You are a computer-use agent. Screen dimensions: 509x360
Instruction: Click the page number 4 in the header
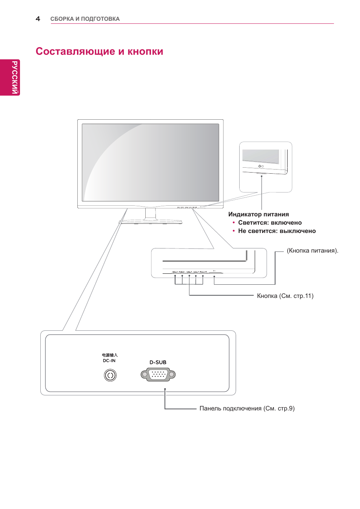point(38,19)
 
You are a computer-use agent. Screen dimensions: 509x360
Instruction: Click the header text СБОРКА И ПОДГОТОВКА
point(85,19)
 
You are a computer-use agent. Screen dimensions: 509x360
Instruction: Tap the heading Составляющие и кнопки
point(99,51)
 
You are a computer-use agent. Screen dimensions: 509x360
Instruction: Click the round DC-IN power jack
point(110,375)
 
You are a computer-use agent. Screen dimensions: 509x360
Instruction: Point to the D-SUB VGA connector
point(158,375)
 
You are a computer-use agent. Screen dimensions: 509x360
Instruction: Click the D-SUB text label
point(158,362)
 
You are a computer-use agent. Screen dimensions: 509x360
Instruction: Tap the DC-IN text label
point(109,361)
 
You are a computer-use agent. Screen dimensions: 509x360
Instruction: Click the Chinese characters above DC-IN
point(110,355)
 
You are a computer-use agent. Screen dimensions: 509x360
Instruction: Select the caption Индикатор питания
point(258,214)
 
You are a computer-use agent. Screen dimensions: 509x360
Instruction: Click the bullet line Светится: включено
point(270,223)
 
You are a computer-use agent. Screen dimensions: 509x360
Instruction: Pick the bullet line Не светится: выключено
point(277,231)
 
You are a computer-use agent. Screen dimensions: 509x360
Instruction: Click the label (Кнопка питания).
point(312,251)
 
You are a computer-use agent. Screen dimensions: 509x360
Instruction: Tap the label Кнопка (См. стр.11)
point(285,296)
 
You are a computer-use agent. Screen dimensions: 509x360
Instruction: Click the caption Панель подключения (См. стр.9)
point(247,409)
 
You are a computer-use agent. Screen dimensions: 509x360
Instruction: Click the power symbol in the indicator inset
point(260,166)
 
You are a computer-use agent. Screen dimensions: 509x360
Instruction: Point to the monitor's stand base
point(151,222)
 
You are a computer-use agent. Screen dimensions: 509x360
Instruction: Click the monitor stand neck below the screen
point(150,213)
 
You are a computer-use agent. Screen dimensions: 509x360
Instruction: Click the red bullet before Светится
point(234,223)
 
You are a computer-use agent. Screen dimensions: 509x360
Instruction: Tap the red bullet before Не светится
point(234,231)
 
